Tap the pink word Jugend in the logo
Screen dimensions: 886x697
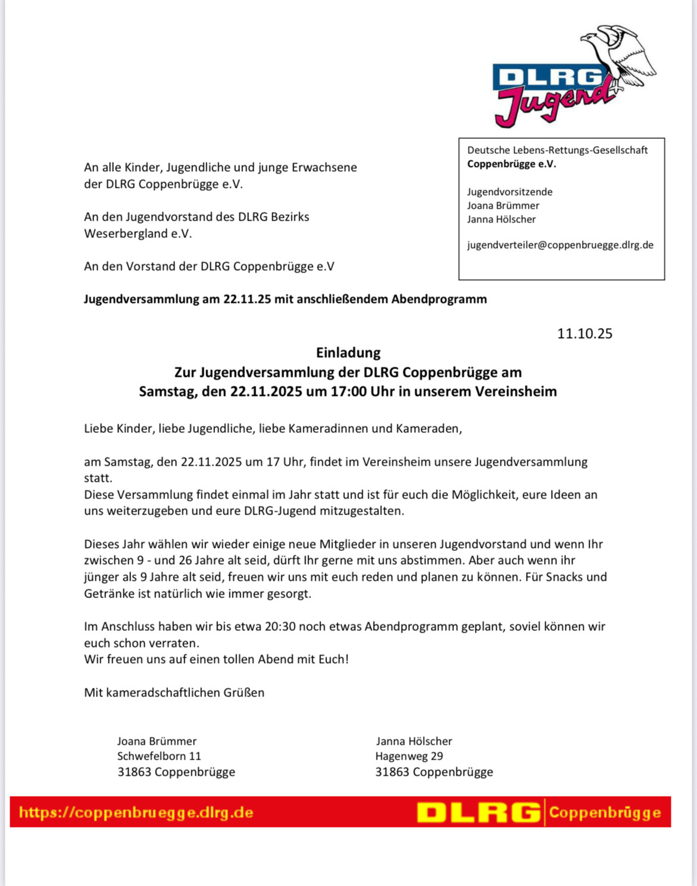click(554, 103)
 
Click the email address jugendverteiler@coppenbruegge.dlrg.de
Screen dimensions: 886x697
click(560, 245)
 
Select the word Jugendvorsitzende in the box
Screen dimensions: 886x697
click(509, 192)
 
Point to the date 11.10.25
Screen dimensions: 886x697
click(584, 334)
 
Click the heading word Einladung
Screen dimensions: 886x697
click(348, 353)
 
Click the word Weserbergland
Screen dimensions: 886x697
click(126, 234)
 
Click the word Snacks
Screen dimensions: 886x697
click(565, 577)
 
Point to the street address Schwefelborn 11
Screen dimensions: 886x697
click(159, 756)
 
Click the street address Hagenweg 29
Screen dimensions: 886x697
click(409, 756)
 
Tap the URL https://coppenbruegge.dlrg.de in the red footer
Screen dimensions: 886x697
click(136, 813)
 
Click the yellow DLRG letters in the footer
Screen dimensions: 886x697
click(478, 813)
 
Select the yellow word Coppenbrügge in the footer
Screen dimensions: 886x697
click(605, 813)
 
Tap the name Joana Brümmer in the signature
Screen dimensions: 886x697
click(157, 741)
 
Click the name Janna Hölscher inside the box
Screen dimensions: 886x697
click(501, 219)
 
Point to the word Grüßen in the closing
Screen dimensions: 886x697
click(244, 693)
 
